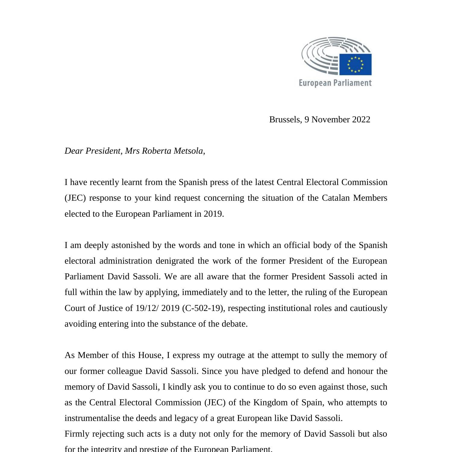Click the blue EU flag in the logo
coord(355,64)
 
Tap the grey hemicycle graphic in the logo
coord(319,56)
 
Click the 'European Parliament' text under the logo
coord(335,83)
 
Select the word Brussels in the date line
coord(285,120)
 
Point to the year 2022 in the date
coord(361,120)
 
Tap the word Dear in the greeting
coord(74,151)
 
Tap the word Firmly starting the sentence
coord(77,434)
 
